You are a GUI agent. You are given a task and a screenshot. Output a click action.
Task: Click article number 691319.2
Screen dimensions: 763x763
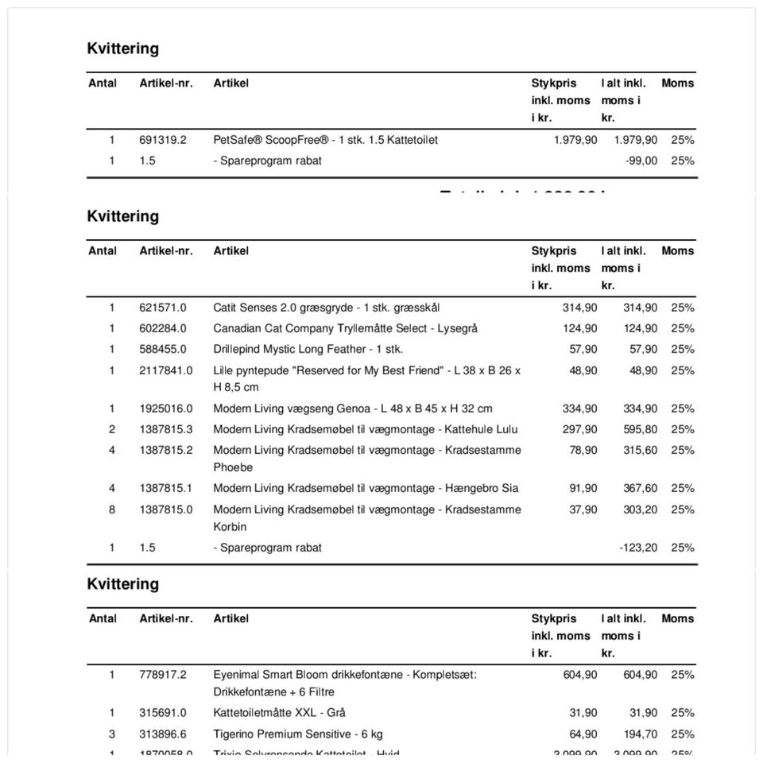(163, 140)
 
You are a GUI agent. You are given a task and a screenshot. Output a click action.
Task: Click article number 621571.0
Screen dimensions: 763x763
(163, 308)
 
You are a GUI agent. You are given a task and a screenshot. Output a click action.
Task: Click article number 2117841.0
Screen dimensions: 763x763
(165, 370)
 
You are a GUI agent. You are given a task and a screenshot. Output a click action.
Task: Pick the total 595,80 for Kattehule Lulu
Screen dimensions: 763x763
(640, 429)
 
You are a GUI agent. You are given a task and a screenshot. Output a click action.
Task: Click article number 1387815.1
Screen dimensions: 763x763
(165, 488)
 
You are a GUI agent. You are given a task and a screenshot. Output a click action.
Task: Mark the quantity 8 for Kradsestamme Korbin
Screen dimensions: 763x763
(112, 509)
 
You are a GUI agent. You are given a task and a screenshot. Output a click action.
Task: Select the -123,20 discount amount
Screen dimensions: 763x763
(638, 548)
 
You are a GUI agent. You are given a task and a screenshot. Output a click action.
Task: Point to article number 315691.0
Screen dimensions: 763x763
(163, 713)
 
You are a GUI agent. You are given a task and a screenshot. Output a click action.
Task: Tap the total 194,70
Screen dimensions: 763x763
(640, 734)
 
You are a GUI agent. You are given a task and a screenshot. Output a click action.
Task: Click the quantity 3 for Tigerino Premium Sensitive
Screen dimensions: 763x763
(112, 734)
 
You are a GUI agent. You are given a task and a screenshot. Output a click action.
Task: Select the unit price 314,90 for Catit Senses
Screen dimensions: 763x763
(579, 308)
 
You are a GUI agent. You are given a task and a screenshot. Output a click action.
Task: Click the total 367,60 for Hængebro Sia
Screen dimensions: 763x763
(640, 488)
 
